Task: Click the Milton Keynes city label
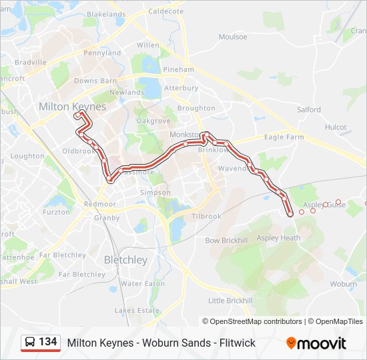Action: pos(72,107)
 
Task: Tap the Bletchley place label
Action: pos(125,260)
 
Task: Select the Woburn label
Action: pos(343,284)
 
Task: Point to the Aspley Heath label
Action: pos(278,238)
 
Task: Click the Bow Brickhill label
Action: pos(226,240)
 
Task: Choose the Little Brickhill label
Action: pos(230,301)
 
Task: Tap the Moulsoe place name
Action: pos(232,37)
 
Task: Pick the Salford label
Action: pos(309,110)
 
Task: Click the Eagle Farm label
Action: pos(284,137)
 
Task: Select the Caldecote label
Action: pos(165,12)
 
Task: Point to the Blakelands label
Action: pos(106,14)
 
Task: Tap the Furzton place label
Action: pos(56,212)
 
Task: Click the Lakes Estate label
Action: pos(137,311)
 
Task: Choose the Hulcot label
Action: pos(335,127)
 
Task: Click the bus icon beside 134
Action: pos(31,343)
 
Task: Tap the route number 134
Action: pos(48,342)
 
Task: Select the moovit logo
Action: pos(316,343)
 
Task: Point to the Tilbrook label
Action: pos(206,217)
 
